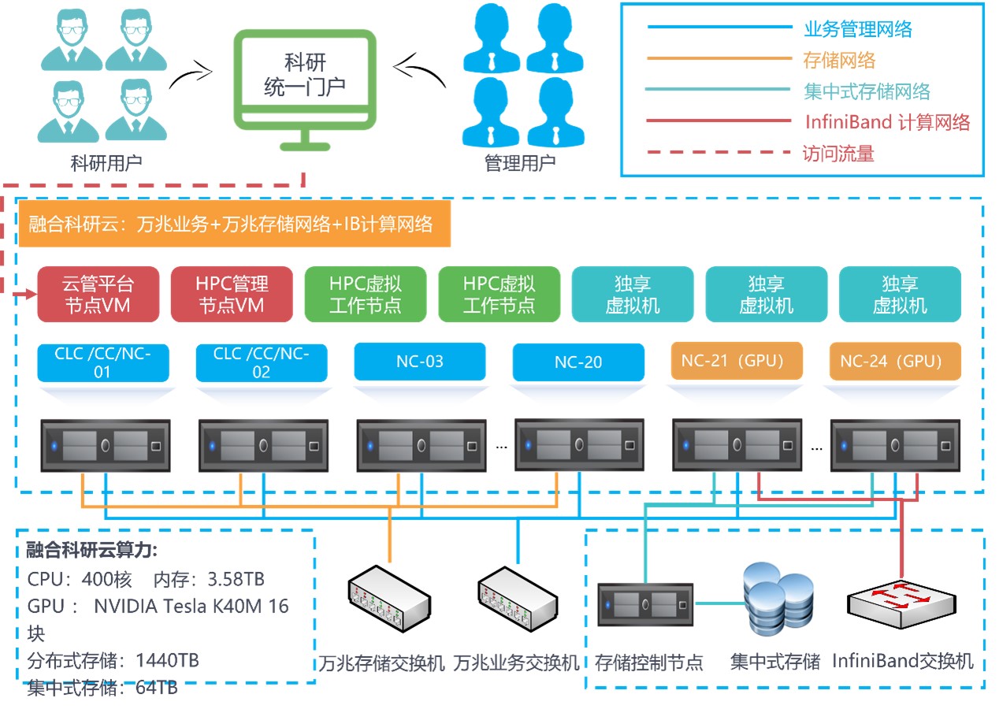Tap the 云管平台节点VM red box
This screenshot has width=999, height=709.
point(98,294)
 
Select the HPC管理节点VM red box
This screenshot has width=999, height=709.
point(232,294)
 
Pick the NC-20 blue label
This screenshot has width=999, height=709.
point(577,362)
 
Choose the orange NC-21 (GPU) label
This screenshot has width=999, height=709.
point(737,362)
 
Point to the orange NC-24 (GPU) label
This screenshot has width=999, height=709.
point(895,362)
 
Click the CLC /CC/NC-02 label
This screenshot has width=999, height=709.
point(261,362)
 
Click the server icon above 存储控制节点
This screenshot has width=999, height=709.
point(644,605)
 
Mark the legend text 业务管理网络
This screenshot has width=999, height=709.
point(858,30)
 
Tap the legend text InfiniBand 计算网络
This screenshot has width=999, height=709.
point(887,122)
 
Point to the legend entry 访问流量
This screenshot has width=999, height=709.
point(838,153)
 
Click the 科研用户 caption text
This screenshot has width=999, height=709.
point(106,163)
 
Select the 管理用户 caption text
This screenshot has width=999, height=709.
point(519,163)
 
